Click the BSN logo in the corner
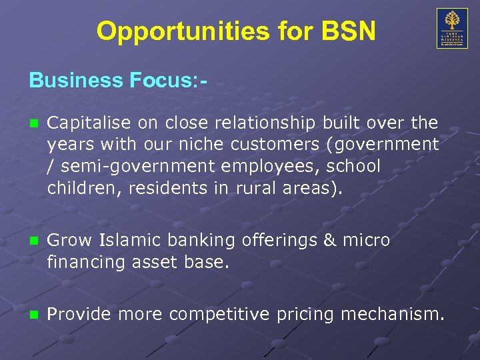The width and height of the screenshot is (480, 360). pos(452,28)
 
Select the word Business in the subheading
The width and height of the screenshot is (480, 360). pos(73,81)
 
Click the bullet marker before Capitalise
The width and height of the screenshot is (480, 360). pos(34,123)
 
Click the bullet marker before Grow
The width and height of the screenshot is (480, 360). pos(34,239)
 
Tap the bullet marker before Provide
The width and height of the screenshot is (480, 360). pos(34,313)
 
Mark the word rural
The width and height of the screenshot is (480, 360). pos(257,187)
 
